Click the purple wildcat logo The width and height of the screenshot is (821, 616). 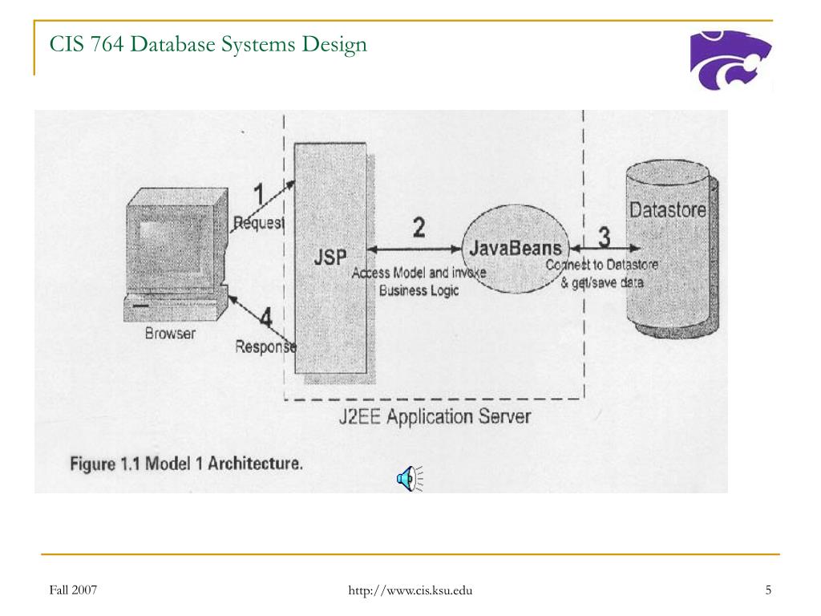[730, 59]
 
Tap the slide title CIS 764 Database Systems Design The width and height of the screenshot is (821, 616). [208, 44]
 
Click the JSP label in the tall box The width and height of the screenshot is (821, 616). [330, 257]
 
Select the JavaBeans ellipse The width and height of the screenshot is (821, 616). [514, 249]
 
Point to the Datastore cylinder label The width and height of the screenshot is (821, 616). [668, 210]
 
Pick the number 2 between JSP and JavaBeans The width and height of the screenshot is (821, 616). [419, 228]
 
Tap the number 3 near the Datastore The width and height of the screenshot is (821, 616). [603, 237]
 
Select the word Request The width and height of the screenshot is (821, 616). [258, 222]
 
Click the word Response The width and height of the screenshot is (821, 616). [265, 346]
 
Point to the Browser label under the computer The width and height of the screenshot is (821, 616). [170, 333]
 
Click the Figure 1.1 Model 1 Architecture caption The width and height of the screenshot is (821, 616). [186, 464]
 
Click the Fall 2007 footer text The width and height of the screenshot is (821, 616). [73, 590]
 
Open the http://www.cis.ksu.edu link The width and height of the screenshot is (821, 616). [410, 591]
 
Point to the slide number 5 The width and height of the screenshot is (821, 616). [768, 591]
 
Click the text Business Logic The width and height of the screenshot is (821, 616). [419, 290]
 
